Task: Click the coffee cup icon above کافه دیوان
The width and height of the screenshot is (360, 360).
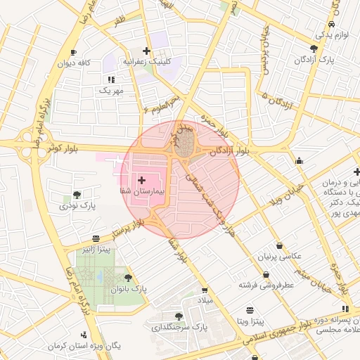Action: [74, 53]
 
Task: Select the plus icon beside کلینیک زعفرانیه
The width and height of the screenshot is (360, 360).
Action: [146, 51]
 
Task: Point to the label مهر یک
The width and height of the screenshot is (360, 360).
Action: [111, 91]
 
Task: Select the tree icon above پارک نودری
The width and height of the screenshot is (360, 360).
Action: [77, 195]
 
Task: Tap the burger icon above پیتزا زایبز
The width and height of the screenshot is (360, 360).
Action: [96, 238]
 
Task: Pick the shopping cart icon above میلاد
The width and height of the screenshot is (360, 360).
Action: [205, 290]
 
